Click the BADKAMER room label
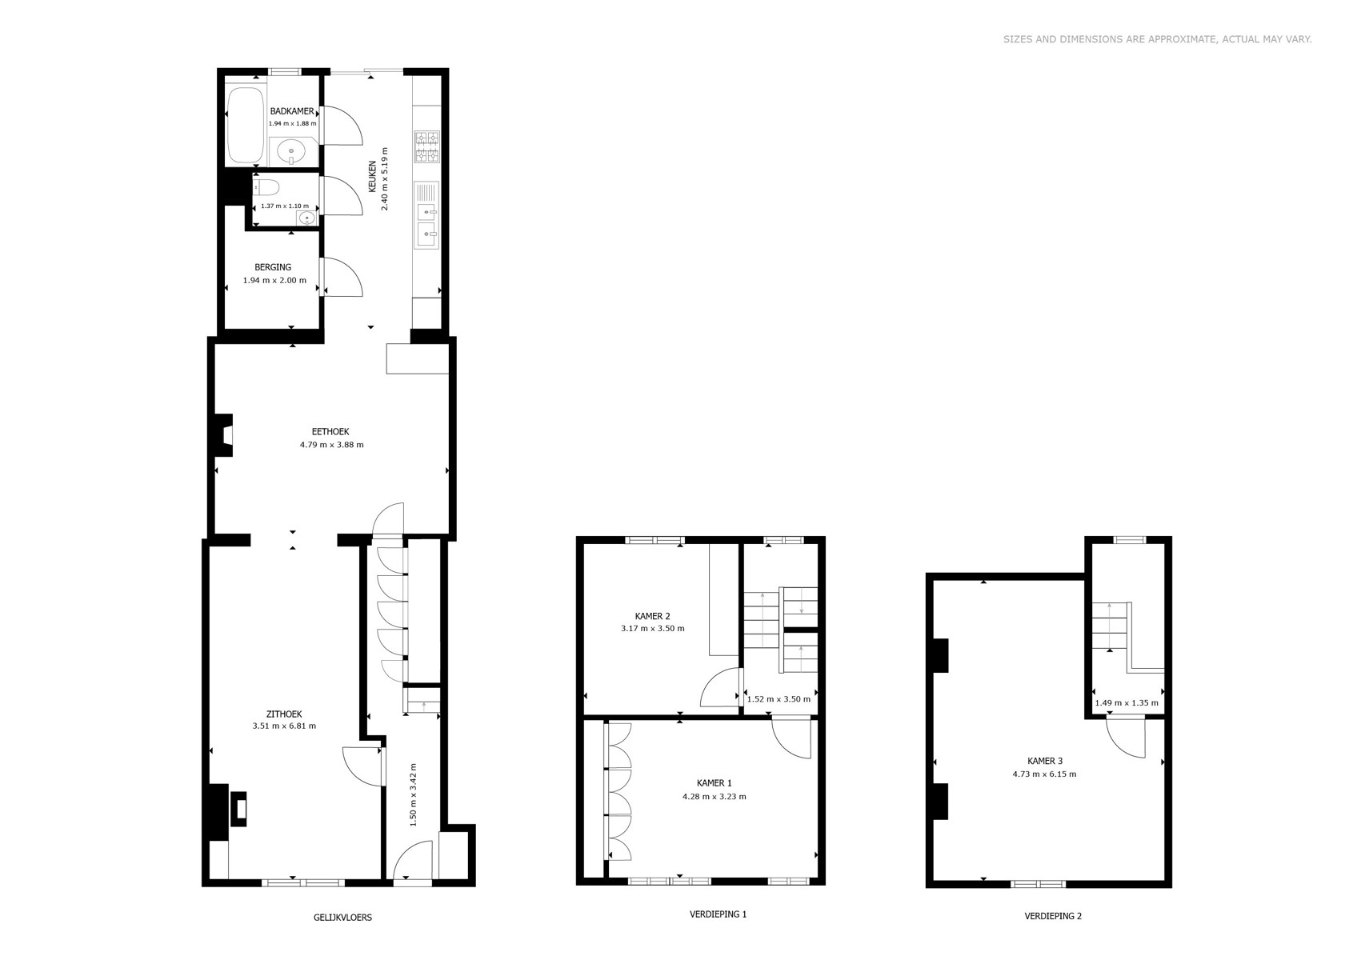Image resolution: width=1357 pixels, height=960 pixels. click(292, 111)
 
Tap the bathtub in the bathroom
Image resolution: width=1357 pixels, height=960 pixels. click(246, 125)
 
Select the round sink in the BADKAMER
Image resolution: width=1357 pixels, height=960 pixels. click(294, 151)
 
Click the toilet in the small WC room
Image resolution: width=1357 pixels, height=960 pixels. click(266, 187)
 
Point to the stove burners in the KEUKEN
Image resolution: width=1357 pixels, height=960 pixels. click(426, 146)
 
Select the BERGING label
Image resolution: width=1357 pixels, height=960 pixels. click(273, 267)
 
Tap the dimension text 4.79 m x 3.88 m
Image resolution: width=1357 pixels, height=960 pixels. click(332, 445)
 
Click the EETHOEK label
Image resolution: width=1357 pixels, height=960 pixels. click(330, 432)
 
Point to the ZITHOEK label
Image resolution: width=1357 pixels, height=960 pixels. click(284, 714)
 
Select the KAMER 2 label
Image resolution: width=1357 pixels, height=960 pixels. click(652, 616)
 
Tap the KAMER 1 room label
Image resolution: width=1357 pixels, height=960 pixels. click(715, 783)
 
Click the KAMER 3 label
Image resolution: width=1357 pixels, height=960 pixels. click(1045, 762)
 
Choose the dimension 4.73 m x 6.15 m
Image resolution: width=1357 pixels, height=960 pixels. click(1044, 774)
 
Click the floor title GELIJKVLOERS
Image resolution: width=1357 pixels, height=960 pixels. click(343, 918)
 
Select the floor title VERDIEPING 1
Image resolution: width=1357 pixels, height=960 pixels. click(718, 914)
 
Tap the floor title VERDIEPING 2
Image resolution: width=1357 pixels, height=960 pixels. click(1053, 916)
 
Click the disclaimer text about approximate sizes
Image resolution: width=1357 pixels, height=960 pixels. click(1158, 39)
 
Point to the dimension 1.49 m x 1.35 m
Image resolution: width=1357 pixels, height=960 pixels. click(1127, 703)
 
